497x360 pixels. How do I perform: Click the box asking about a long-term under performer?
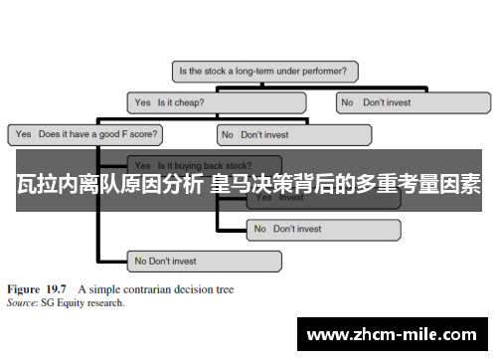point(265,72)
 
